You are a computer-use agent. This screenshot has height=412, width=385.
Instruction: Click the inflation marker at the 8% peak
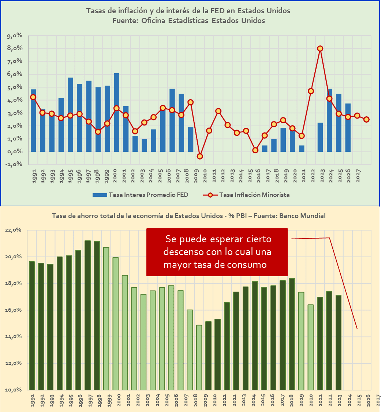click(x=320, y=48)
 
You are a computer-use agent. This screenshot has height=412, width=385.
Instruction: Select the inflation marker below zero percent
click(x=200, y=156)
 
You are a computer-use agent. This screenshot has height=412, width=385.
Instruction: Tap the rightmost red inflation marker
click(x=367, y=119)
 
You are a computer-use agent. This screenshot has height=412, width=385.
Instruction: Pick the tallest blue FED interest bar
click(x=117, y=112)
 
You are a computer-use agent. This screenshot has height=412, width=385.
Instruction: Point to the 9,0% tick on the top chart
click(x=15, y=36)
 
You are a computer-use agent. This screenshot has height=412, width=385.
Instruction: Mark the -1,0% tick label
click(x=15, y=164)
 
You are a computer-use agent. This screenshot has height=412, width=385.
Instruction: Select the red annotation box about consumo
click(x=217, y=252)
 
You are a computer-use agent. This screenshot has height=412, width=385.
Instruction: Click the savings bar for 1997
click(x=87, y=315)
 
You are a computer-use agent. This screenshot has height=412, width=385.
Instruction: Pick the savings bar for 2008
click(x=199, y=357)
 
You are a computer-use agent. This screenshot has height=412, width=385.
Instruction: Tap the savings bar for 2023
click(x=339, y=342)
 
